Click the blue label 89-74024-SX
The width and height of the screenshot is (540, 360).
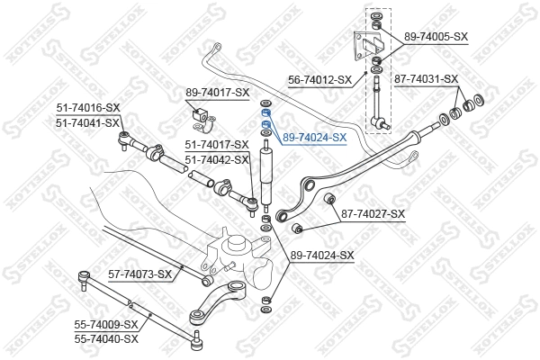(x=314, y=138)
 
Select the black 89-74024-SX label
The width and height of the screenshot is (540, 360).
(x=322, y=256)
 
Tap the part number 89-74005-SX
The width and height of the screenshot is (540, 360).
(x=436, y=36)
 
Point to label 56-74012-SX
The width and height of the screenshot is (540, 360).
(x=319, y=79)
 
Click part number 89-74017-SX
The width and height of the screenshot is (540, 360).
(x=217, y=92)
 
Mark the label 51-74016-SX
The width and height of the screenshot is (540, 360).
(x=88, y=108)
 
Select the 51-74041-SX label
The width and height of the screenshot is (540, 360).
(x=88, y=122)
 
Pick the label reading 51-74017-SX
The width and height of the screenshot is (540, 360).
(x=217, y=144)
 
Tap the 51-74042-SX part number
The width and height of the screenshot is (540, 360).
(x=217, y=159)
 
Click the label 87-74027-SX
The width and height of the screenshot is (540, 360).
(x=373, y=213)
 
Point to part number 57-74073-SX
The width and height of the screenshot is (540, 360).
(x=139, y=274)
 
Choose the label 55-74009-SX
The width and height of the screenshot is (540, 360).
(x=106, y=324)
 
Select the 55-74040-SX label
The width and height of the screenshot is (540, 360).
(x=106, y=338)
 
